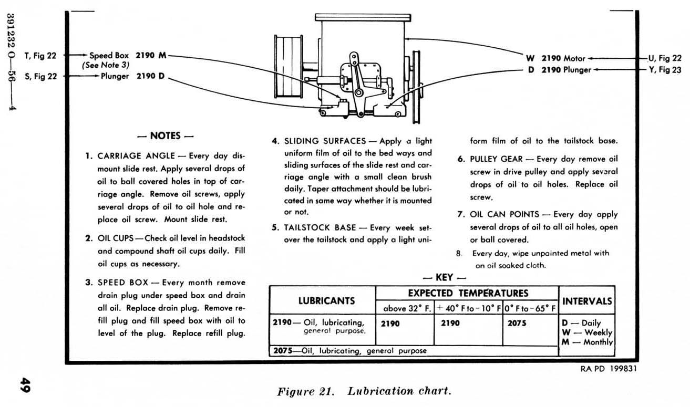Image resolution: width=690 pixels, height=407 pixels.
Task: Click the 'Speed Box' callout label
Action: point(109,56)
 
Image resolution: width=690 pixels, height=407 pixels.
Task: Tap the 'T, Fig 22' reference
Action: point(40,56)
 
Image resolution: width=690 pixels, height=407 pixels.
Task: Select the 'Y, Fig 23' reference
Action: point(665,70)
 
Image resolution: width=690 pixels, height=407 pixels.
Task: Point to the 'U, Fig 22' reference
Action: point(665,58)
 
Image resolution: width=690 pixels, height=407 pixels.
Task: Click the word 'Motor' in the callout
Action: point(574,58)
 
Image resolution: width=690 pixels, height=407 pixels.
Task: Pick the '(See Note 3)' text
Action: point(105,65)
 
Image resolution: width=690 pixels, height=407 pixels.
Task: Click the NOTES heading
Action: point(166,136)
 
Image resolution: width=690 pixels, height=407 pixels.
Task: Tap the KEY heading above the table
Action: point(444,277)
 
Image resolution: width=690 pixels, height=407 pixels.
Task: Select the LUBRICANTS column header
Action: point(326,301)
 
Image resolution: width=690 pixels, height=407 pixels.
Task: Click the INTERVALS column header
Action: point(587,301)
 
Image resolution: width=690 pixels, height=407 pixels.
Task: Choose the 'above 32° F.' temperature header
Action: point(407,308)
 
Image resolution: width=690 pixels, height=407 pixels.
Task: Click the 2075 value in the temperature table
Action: point(517,323)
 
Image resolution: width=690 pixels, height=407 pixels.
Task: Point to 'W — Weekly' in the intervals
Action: point(587,332)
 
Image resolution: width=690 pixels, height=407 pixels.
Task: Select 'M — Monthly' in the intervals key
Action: point(587,342)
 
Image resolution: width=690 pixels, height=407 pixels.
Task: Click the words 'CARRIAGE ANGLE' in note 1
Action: point(136,156)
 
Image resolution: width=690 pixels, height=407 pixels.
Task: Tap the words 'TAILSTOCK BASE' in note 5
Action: point(320,227)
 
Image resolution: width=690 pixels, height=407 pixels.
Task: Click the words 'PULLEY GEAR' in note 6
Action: point(496,159)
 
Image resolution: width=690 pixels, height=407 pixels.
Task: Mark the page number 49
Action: point(25,385)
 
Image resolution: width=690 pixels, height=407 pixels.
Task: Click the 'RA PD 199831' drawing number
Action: point(609,369)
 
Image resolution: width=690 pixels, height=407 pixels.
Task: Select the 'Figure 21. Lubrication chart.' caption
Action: point(364,391)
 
